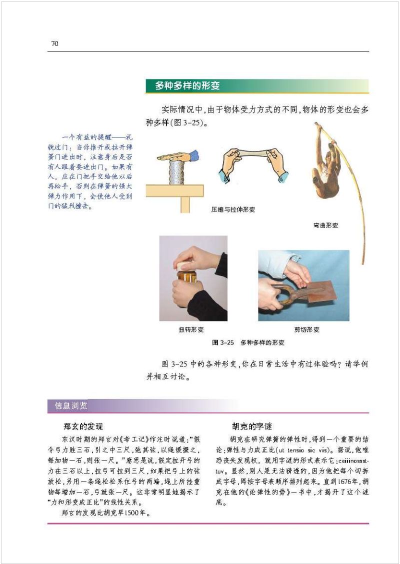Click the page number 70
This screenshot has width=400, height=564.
[55, 44]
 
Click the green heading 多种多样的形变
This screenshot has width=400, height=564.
[187, 86]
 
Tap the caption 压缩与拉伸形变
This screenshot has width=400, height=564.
[233, 210]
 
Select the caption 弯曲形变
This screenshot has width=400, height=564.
[322, 225]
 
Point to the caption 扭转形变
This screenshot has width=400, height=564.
[191, 330]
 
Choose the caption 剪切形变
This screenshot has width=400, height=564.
[306, 330]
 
